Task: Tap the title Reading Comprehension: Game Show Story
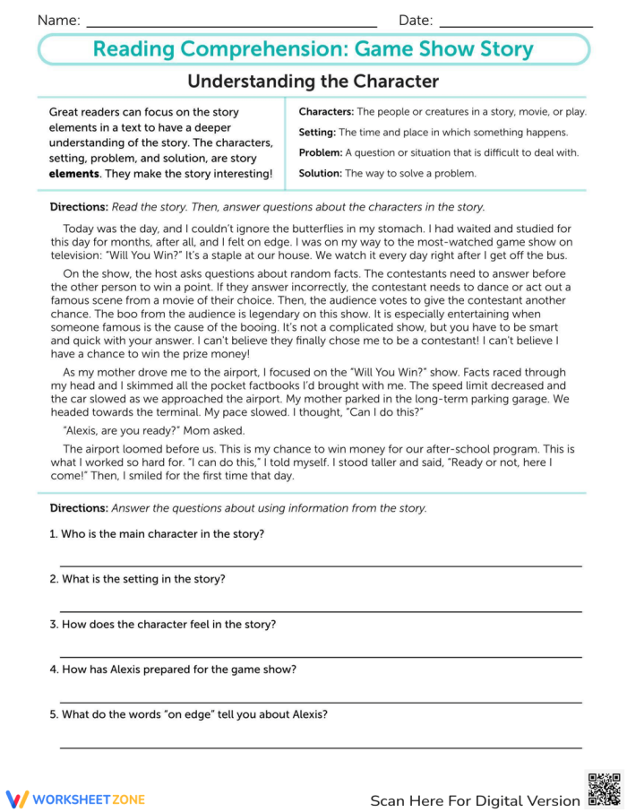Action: [313, 49]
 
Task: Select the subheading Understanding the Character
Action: [313, 82]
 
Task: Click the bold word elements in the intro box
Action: [74, 173]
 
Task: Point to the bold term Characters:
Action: [326, 112]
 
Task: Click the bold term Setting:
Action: [317, 132]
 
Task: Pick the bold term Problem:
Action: [320, 152]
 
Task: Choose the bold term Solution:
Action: [320, 173]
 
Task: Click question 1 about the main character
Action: [157, 534]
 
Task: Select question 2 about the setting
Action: [137, 579]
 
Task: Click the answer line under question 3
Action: [321, 656]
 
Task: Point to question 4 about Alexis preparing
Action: [173, 669]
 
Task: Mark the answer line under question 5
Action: [321, 747]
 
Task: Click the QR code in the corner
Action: [604, 789]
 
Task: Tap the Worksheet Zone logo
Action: [75, 799]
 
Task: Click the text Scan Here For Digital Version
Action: [475, 800]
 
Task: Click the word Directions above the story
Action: [79, 206]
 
